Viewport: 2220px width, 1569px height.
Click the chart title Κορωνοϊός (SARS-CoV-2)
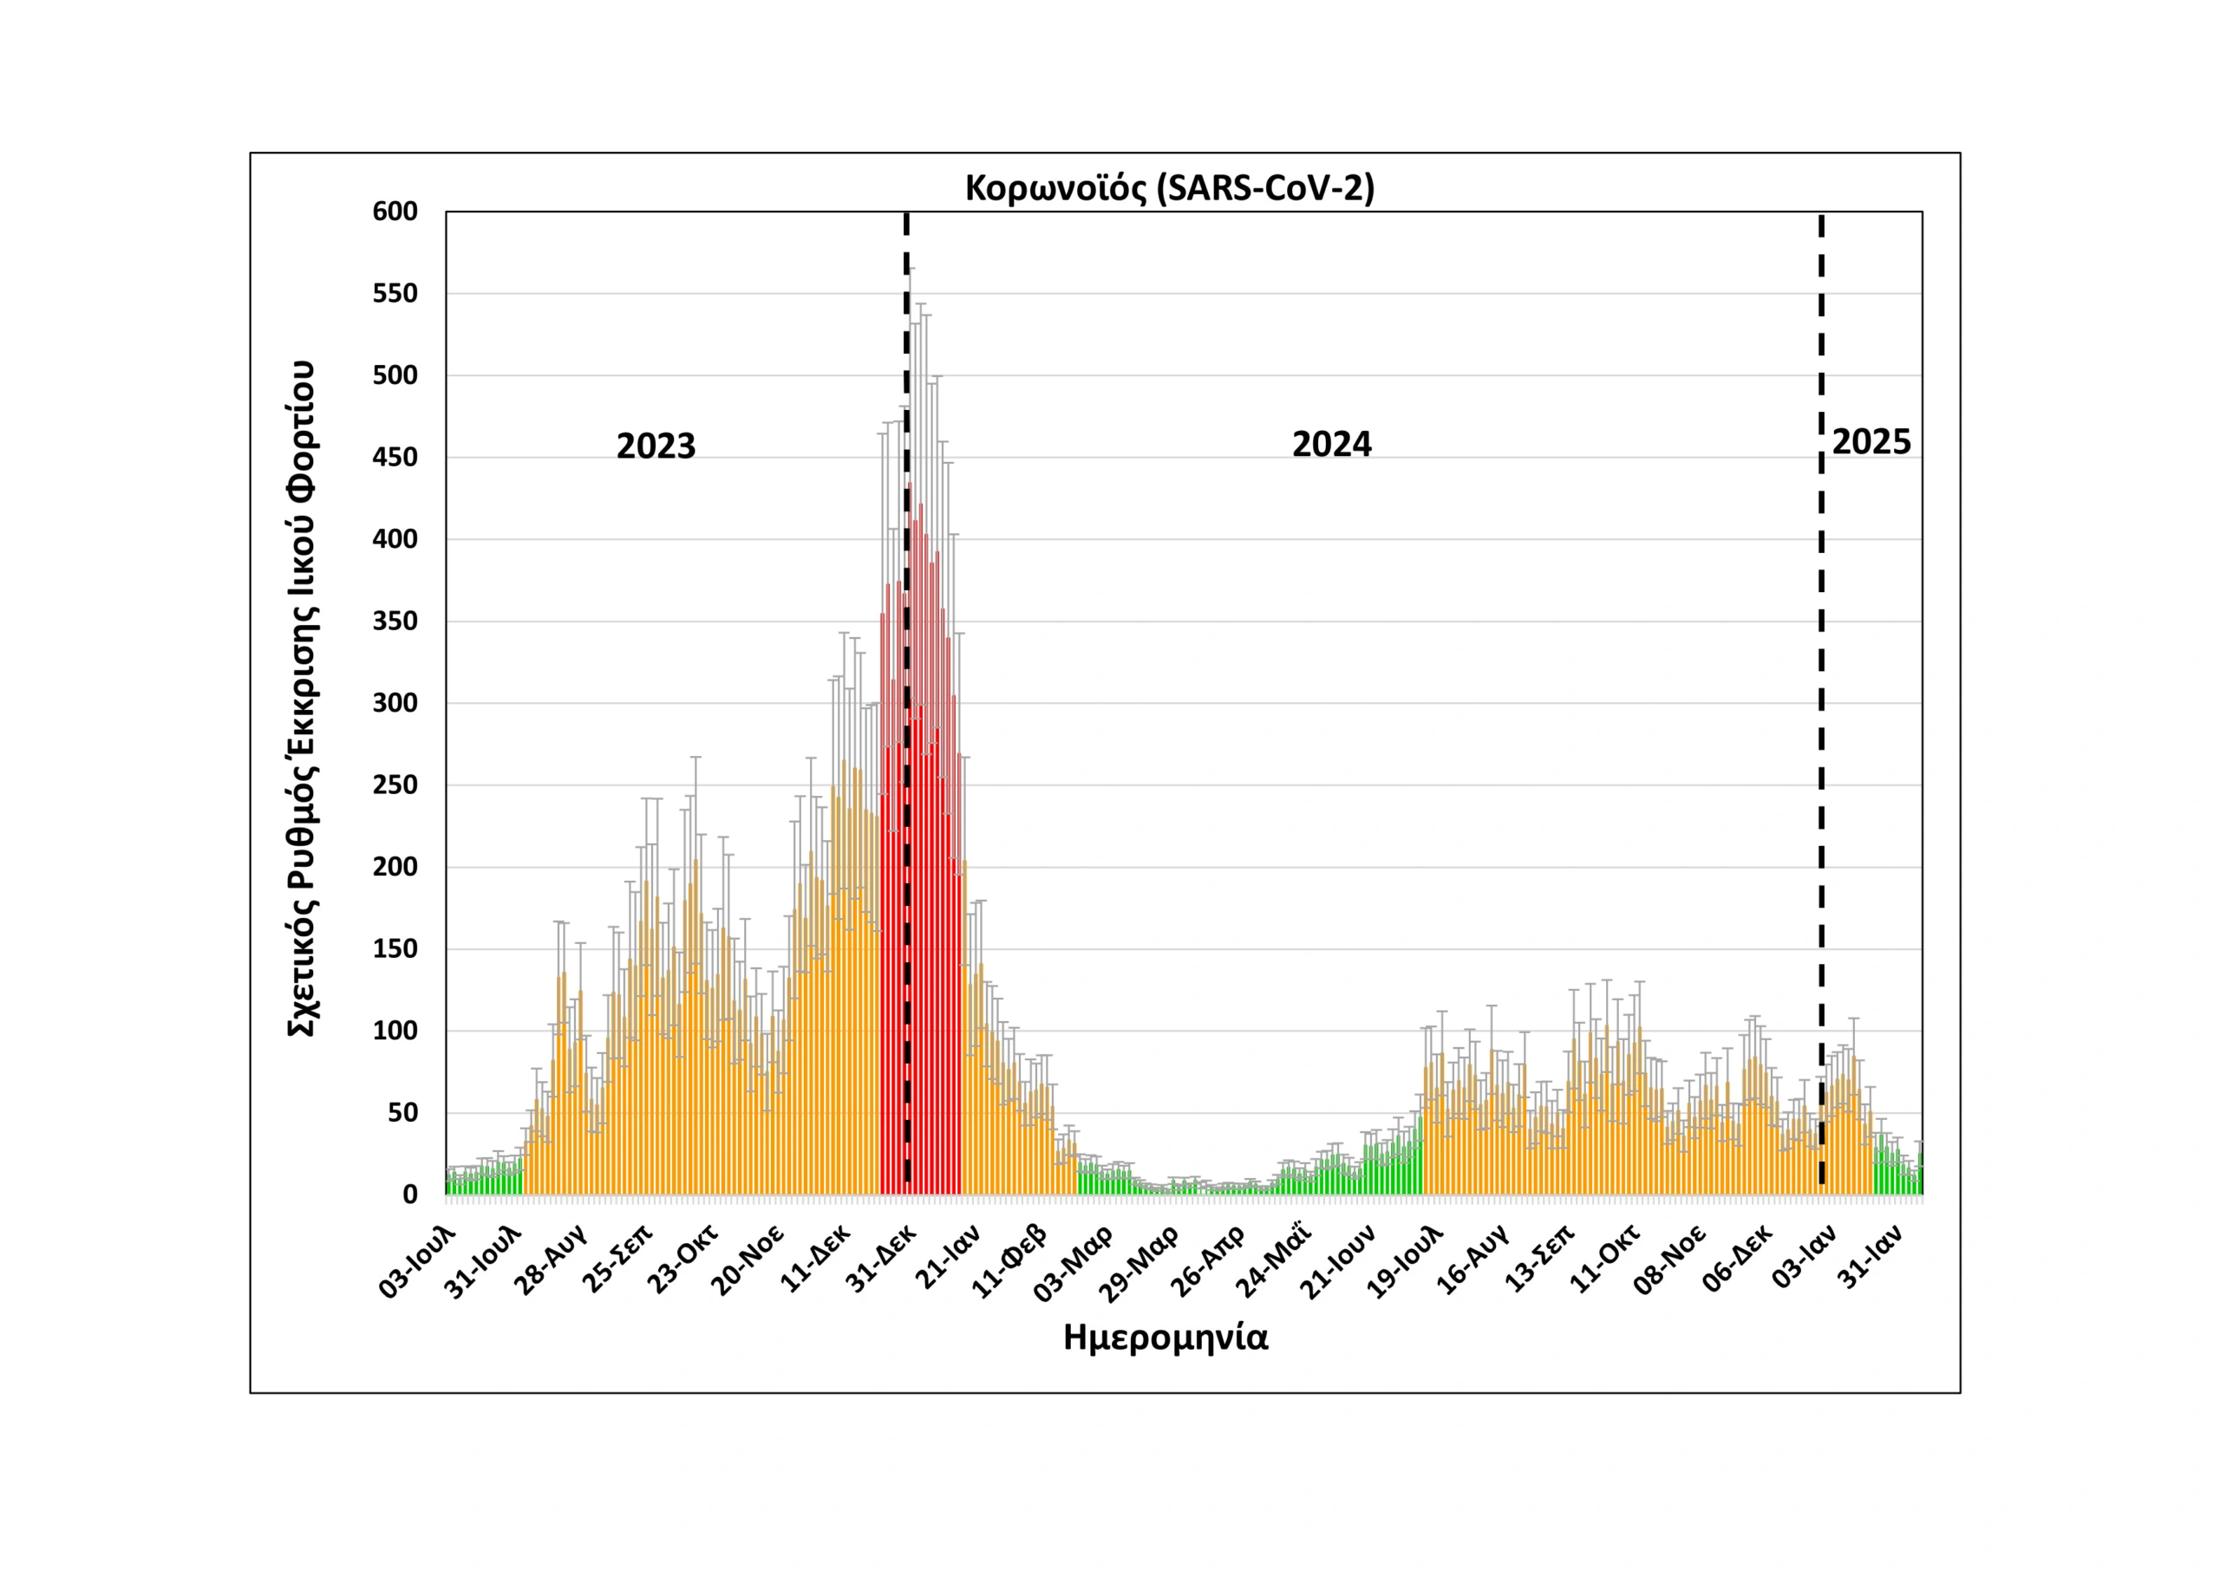pos(1169,187)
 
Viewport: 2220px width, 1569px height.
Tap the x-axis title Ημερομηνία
pos(1165,1338)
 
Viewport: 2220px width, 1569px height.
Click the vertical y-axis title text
pos(302,699)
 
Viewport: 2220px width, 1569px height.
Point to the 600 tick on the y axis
pos(395,212)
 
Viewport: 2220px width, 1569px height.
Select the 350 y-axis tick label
pos(395,622)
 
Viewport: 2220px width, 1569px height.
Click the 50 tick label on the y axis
pos(402,1113)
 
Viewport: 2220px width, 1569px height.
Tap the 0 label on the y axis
pos(410,1195)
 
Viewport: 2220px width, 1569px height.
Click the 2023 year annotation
pos(656,446)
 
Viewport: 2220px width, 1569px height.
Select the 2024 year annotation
pos(1331,445)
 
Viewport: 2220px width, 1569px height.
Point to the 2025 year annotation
pos(1871,442)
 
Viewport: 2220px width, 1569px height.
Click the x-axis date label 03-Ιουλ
pos(417,1261)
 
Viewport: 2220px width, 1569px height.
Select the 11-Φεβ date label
pos(1009,1260)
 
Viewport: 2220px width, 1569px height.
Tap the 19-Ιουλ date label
pos(1405,1261)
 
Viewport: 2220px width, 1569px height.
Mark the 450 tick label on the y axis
pos(395,457)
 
